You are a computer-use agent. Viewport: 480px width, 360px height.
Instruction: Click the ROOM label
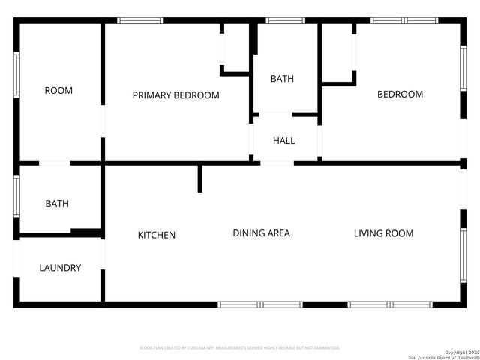point(58,91)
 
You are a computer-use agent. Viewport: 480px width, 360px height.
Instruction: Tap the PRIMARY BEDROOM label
point(175,95)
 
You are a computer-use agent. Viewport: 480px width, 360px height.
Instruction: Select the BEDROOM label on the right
point(400,94)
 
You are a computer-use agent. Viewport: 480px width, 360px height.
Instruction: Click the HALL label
point(283,140)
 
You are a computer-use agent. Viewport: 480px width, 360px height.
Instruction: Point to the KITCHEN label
point(156,235)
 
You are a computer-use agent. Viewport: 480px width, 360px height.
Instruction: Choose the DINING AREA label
point(261,233)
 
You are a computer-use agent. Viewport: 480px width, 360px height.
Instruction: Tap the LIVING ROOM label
point(383,233)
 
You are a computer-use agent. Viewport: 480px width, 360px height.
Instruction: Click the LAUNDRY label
point(60,268)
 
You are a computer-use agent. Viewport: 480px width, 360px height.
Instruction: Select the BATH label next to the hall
point(282,79)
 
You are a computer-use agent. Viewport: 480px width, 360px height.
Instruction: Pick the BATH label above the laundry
point(57,203)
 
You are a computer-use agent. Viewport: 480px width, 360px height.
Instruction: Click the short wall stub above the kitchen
point(199,178)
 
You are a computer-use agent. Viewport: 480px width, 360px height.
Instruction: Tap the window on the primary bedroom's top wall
point(140,20)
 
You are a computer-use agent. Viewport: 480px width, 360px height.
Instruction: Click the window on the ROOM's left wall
point(16,75)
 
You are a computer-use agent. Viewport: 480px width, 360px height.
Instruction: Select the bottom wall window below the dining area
point(260,304)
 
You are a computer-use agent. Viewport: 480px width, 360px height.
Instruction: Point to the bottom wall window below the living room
point(390,304)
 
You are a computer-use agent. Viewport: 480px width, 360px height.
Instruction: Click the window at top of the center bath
point(286,20)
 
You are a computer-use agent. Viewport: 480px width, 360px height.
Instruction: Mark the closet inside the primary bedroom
point(235,48)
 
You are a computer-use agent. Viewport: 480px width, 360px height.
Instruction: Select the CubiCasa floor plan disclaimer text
point(240,348)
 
